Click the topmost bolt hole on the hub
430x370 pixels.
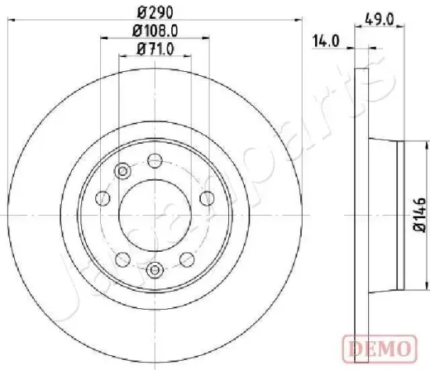[x=154, y=161]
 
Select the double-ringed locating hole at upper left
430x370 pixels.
[x=121, y=172]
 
